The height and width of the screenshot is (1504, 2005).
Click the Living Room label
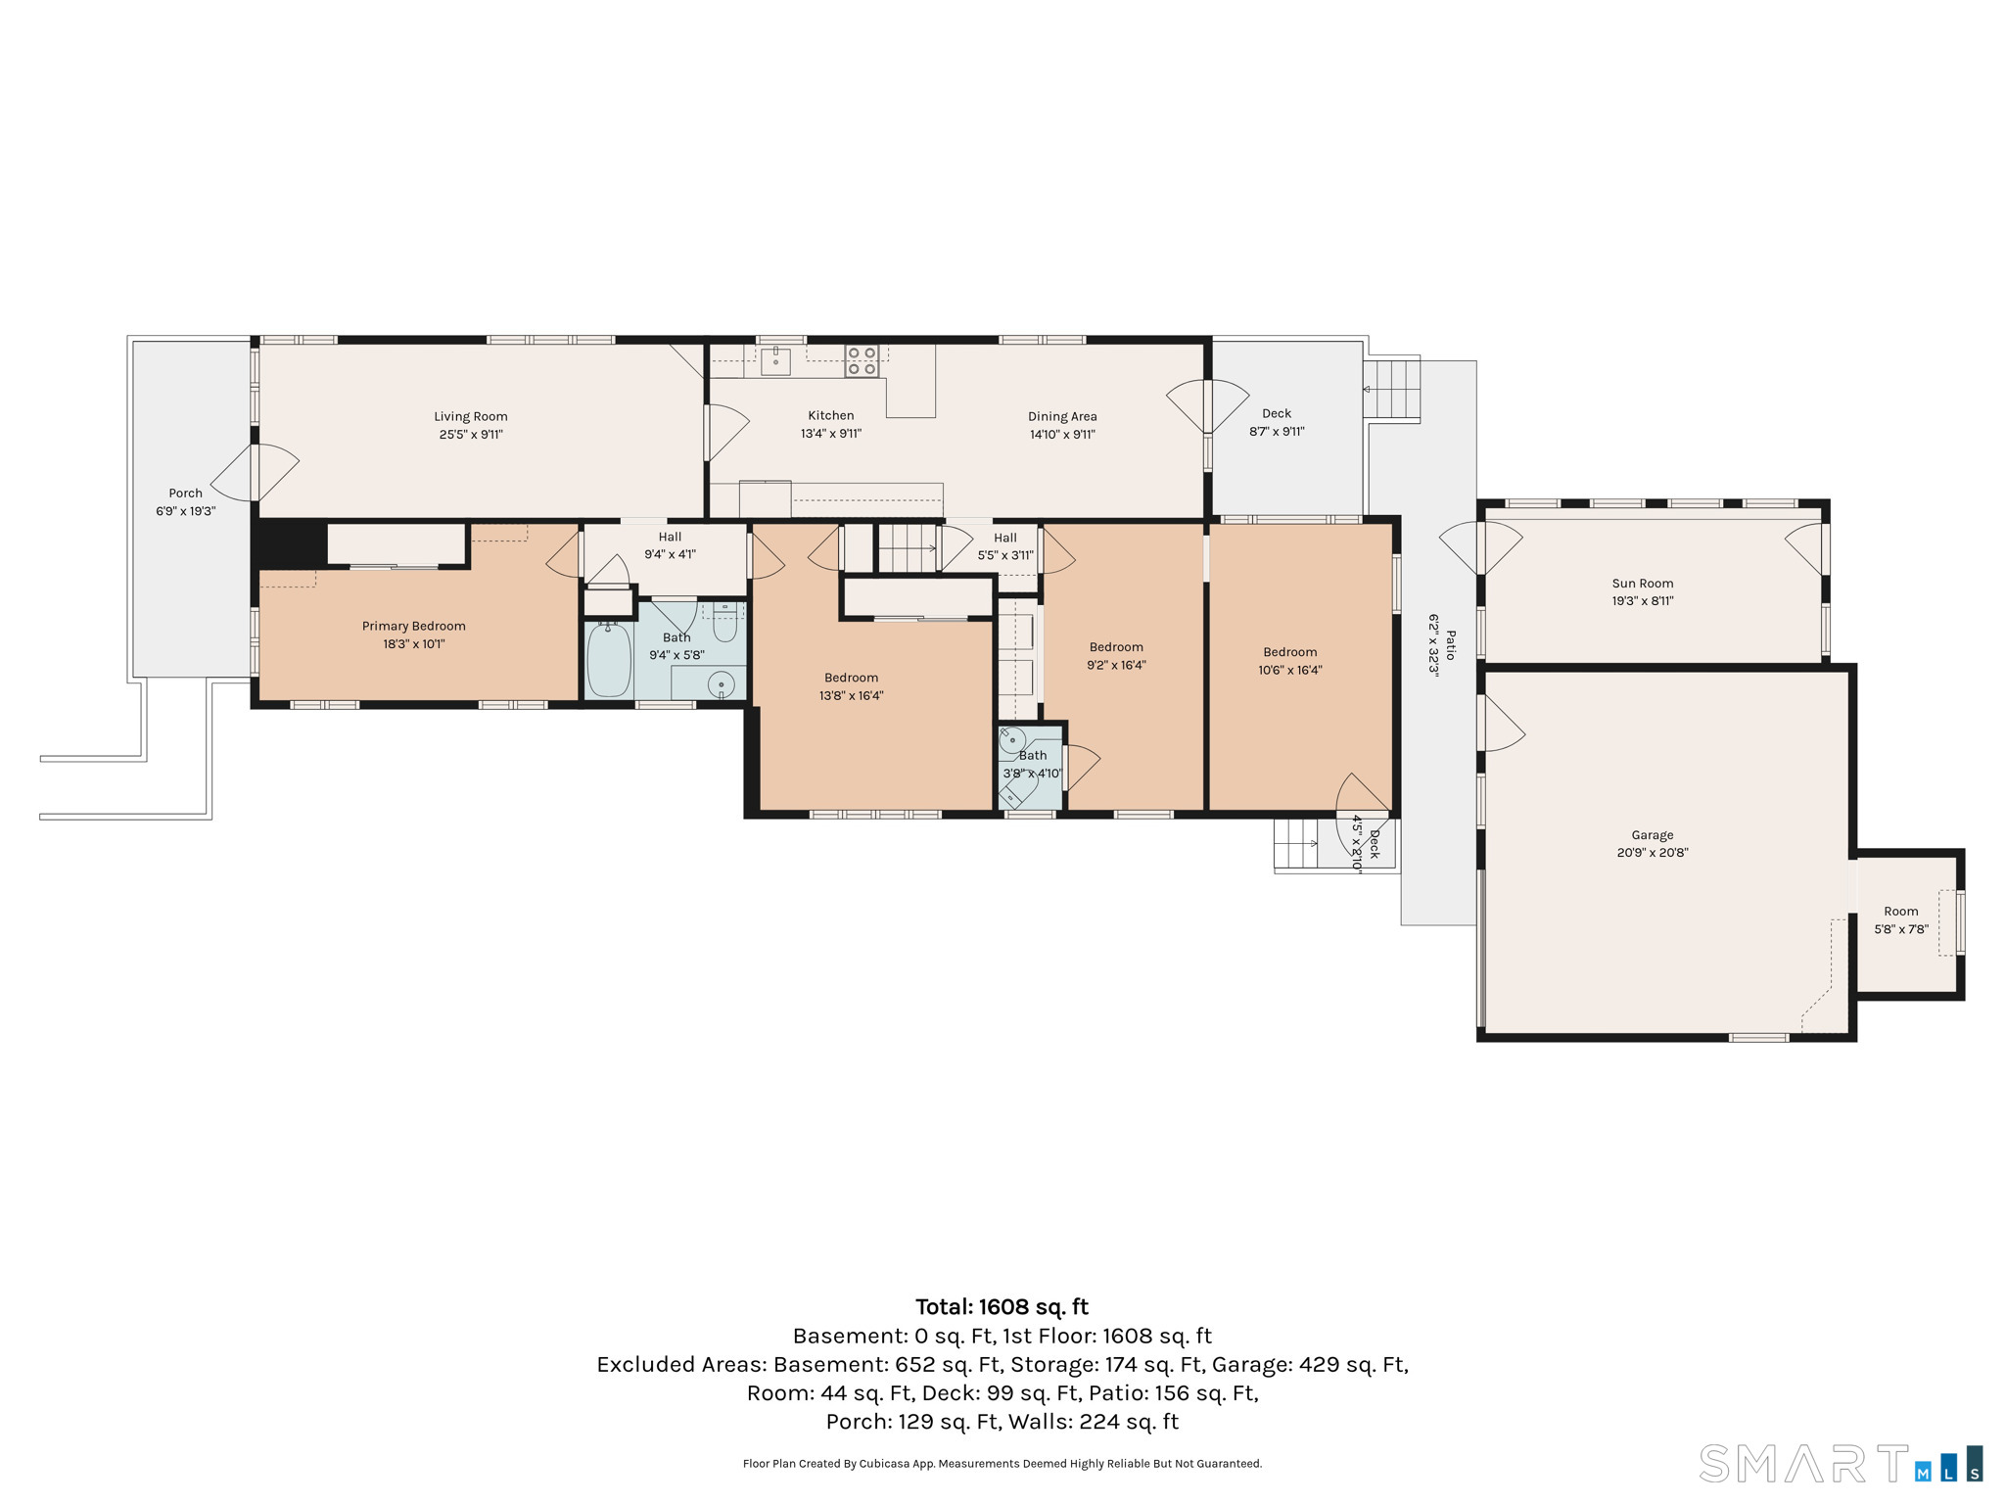[471, 416]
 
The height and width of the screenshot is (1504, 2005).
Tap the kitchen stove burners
[862, 361]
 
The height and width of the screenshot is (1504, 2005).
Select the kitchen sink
[776, 360]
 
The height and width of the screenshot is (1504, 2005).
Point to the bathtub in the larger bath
[609, 661]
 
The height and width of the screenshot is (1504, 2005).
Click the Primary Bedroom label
[414, 626]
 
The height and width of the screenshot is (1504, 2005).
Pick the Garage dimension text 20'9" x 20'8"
[1653, 853]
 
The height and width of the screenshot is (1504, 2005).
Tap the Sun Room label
[1643, 584]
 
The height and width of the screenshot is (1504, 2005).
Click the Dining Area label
[1062, 416]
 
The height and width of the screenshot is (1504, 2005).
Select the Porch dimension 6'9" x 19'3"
[185, 511]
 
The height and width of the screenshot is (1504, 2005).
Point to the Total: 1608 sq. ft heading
[1002, 1307]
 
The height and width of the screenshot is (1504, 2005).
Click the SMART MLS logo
[1841, 1464]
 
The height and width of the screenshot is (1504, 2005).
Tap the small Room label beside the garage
[1901, 912]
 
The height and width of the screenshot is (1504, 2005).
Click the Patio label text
[1451, 645]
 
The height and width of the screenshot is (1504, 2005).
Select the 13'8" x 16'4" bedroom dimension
[852, 696]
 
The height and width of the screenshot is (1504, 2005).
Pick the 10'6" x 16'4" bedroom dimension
[1290, 671]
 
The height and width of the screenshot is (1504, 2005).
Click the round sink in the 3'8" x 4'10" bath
[1012, 739]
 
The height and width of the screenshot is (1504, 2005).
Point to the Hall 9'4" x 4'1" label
[670, 545]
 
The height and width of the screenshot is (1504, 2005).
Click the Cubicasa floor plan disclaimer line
[1002, 1464]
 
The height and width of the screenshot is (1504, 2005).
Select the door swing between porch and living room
[255, 473]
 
